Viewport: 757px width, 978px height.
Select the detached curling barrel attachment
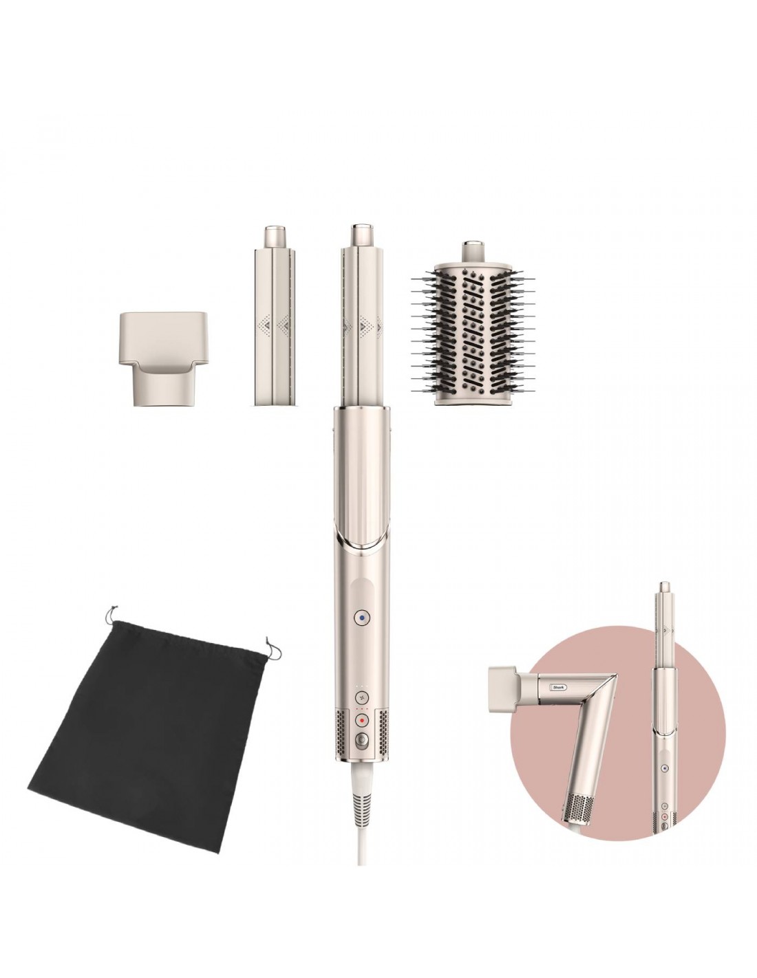[x=275, y=314]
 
